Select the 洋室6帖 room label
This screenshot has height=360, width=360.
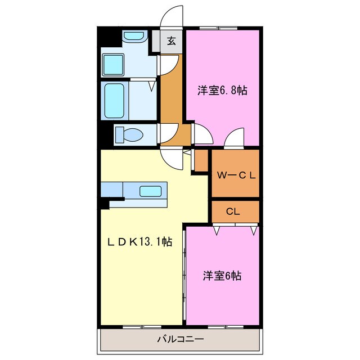pyautogui.click(x=223, y=276)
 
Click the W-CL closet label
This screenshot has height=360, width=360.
pyautogui.click(x=236, y=175)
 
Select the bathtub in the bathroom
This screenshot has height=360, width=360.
pyautogui.click(x=114, y=101)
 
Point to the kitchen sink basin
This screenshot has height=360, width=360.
pyautogui.click(x=151, y=191)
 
